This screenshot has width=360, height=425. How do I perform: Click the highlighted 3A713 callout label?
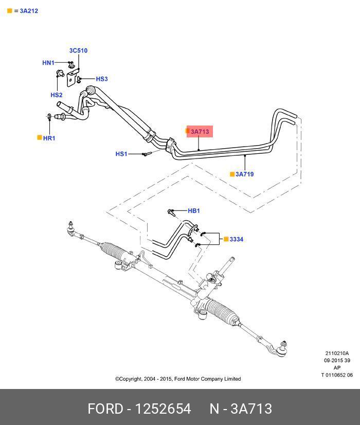click(x=200, y=132)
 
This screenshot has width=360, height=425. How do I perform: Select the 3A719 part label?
click(x=244, y=174)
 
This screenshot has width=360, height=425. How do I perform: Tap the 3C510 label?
click(x=78, y=50)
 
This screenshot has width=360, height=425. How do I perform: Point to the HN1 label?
click(x=48, y=63)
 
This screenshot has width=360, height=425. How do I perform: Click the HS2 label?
click(x=56, y=95)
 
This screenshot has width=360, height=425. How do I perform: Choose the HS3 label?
click(x=102, y=79)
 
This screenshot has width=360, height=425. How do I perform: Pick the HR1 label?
click(x=49, y=138)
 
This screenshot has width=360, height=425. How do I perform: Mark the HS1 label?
click(x=121, y=154)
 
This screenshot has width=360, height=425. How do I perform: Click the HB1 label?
click(x=193, y=211)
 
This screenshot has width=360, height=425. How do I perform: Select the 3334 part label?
click(x=236, y=239)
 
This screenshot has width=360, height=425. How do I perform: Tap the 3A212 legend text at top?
click(x=29, y=11)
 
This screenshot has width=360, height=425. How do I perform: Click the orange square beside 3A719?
click(x=232, y=174)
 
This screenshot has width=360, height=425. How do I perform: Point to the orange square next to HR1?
click(x=39, y=138)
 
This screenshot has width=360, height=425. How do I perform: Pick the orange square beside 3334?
click(x=225, y=239)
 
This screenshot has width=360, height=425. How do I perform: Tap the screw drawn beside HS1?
click(x=145, y=154)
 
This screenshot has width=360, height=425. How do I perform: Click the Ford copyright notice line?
click(x=177, y=379)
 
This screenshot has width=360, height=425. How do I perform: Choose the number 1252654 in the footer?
click(x=163, y=409)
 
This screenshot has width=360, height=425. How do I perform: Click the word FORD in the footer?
click(x=104, y=409)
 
